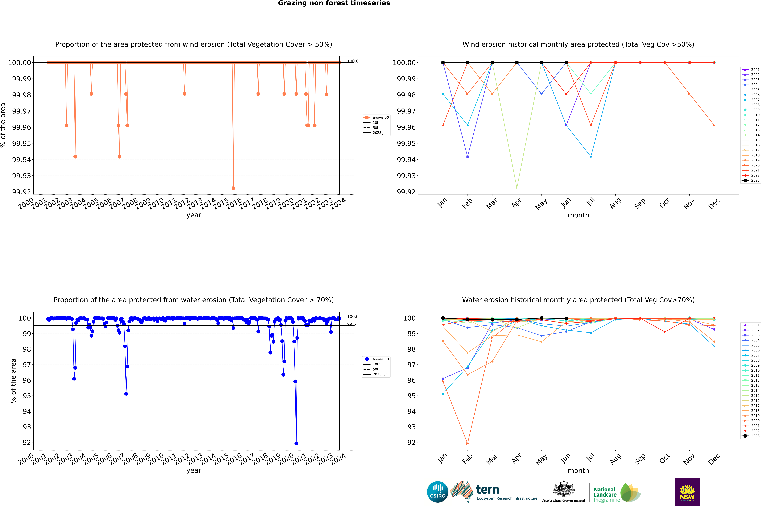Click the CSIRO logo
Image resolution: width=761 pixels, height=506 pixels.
click(x=437, y=492)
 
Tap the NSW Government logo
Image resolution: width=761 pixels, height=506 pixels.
click(x=687, y=492)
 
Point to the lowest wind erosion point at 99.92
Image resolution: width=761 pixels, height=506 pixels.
click(x=233, y=188)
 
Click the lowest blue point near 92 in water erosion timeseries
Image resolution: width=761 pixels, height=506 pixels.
click(x=296, y=443)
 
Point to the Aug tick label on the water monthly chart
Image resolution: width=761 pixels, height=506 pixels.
click(x=615, y=460)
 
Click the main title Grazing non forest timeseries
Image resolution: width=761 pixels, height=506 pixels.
click(x=334, y=3)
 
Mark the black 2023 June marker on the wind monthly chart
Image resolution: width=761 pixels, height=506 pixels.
click(x=566, y=63)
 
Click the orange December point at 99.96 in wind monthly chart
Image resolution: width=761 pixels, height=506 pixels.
click(x=714, y=125)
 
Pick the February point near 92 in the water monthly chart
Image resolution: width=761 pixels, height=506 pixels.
click(x=467, y=443)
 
